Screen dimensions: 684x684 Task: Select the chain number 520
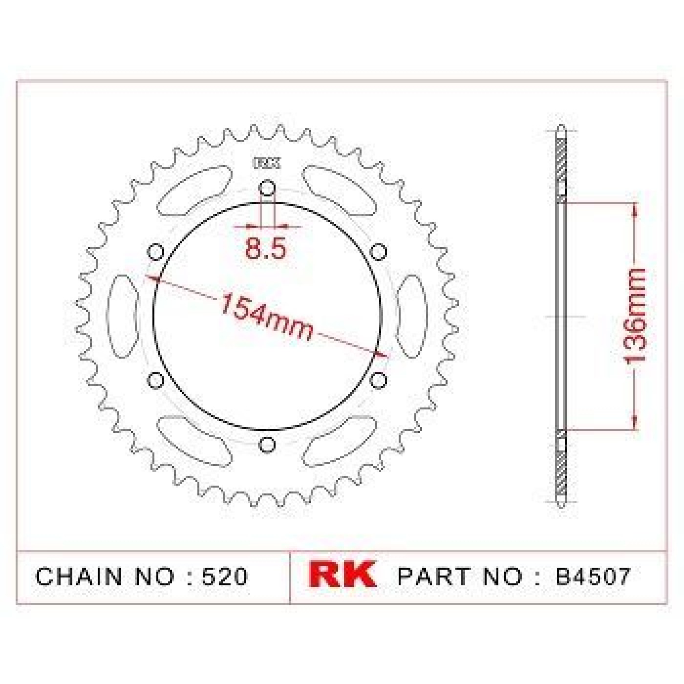click(224, 576)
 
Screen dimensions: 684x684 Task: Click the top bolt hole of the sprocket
click(267, 189)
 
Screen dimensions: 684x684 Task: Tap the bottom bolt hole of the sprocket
click(267, 445)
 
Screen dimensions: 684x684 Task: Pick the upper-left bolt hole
click(155, 253)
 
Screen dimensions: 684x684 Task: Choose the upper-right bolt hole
click(378, 253)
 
